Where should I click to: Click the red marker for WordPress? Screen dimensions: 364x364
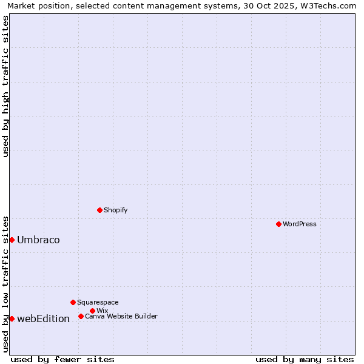point(278,224)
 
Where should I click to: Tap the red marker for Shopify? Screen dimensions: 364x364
point(99,210)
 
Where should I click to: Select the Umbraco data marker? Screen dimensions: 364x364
point(12,240)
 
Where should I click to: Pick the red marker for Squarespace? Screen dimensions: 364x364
point(73,302)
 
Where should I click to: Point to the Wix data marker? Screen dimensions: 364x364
point(92,311)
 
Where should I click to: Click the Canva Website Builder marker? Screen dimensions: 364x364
point(81,316)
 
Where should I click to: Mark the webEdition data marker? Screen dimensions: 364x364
point(12,318)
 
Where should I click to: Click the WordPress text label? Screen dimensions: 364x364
point(300,224)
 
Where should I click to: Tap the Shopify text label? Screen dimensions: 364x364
point(116,210)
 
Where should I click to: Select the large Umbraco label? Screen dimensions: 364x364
point(38,240)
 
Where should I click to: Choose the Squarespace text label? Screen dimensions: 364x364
point(98,302)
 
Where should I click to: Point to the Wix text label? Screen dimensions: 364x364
point(102,311)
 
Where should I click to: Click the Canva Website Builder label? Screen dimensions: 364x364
point(121,316)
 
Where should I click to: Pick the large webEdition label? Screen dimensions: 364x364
point(43,318)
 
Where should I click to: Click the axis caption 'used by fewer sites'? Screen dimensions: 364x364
point(62,359)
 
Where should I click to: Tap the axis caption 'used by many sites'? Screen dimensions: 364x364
point(305,359)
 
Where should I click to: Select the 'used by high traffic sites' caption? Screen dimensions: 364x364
point(5,86)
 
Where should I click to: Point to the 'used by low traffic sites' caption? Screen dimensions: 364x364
point(5,283)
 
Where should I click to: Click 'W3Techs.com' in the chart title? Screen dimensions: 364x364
point(331,5)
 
